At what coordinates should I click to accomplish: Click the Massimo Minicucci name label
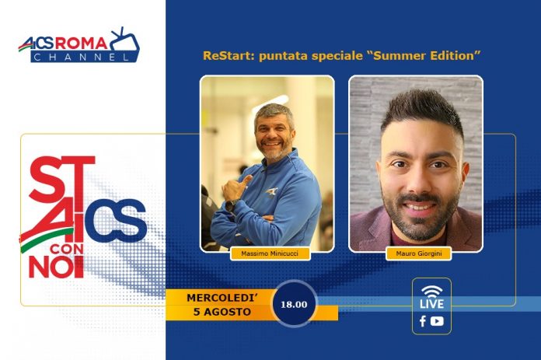270,253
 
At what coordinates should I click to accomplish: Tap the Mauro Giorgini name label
419,253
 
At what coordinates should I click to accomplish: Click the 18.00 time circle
294,305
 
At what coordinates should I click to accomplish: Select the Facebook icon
423,321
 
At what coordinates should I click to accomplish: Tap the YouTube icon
437,321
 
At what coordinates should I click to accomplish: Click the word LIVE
431,304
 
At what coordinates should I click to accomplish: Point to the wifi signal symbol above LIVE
431,291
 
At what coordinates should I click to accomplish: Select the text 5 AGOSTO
222,312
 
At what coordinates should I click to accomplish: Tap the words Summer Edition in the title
424,55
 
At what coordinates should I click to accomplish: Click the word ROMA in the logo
82,43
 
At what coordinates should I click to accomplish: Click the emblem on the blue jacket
272,192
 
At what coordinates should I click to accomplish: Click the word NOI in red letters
56,267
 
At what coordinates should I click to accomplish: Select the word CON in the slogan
67,250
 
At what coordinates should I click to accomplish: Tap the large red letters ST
61,179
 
